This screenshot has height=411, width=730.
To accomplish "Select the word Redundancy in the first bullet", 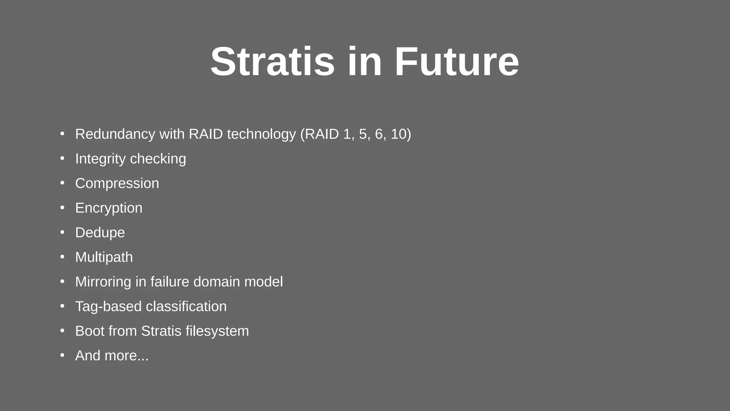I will (x=115, y=134).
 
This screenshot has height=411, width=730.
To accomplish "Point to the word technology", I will (x=261, y=134).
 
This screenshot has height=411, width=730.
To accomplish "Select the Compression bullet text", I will (x=117, y=183).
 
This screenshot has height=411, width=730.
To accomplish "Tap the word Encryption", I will (x=109, y=208).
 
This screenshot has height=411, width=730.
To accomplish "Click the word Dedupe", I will (x=100, y=233).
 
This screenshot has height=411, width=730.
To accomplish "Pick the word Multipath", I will (x=104, y=257).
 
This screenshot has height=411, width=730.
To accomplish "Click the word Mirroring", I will (x=103, y=282).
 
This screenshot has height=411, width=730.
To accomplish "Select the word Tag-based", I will (x=108, y=306).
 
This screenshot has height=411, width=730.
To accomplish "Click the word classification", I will (x=186, y=306).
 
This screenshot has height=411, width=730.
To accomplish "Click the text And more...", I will (x=112, y=356).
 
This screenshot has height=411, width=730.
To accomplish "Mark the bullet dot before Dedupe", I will (x=62, y=232).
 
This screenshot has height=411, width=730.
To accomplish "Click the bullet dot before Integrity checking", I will (x=62, y=158).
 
